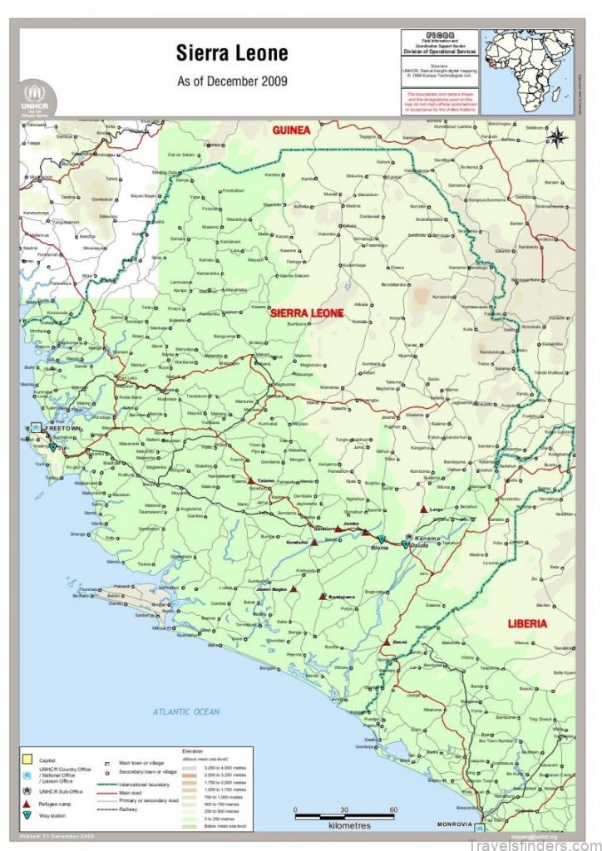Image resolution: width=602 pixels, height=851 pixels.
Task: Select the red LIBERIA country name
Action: [528, 622]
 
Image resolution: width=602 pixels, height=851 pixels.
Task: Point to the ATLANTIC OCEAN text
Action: [186, 711]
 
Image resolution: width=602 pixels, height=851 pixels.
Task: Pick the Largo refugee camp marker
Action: [424, 509]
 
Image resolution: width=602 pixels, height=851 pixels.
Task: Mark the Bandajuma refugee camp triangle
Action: [322, 597]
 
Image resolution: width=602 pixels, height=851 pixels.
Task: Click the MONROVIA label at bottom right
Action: [455, 824]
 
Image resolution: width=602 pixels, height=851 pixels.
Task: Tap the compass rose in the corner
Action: [556, 136]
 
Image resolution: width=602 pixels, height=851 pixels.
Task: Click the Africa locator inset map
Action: [527, 71]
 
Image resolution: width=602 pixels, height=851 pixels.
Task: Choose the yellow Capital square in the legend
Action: [28, 759]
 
